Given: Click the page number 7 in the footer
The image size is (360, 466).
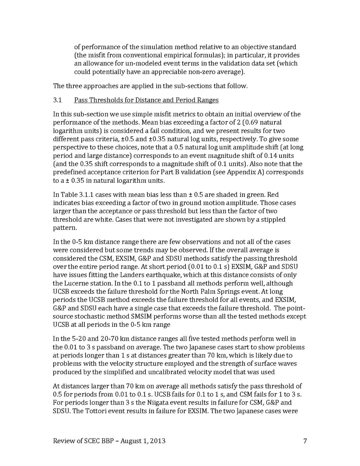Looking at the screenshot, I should [x=305, y=441].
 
